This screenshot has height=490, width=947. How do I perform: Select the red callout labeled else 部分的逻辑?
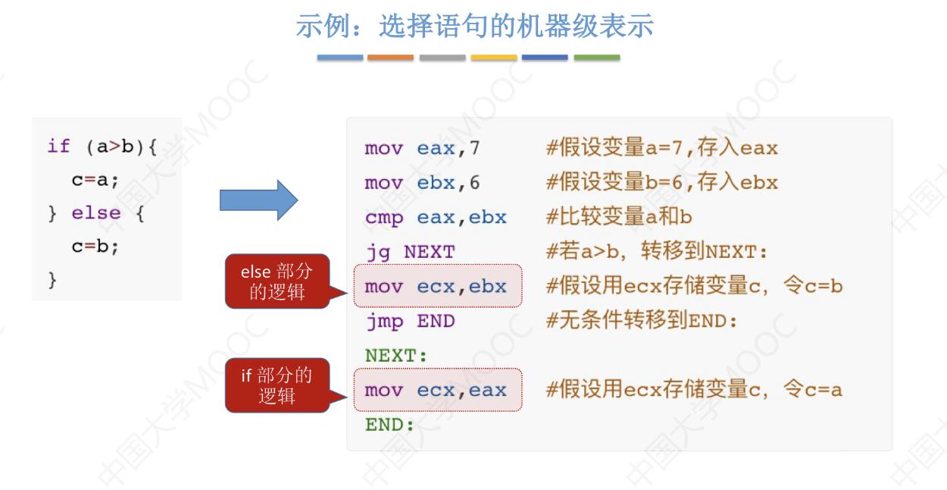[277, 281]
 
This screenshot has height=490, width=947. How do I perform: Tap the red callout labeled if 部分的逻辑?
[277, 385]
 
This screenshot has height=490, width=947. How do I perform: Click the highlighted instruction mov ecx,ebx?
[437, 287]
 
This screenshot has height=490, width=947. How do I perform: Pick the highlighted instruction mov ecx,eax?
[437, 391]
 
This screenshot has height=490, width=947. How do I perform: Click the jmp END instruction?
[409, 321]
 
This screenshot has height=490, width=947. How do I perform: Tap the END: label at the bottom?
[389, 425]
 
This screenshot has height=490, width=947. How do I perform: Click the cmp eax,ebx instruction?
[435, 218]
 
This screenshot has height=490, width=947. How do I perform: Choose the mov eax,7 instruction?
[422, 148]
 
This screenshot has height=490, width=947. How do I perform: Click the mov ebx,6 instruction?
[422, 183]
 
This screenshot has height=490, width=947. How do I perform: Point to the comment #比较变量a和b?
[619, 218]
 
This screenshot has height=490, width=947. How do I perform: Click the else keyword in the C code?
[96, 214]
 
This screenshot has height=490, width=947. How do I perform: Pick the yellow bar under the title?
[494, 58]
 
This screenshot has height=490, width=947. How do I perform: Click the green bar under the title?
[597, 58]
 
